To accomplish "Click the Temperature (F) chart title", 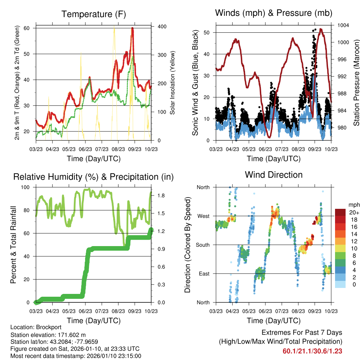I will point(94,14).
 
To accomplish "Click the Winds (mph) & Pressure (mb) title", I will point(274,13).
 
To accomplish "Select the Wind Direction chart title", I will point(274,175).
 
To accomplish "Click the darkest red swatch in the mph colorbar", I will point(341,212).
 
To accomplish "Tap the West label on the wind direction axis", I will point(203,216).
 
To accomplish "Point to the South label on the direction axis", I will point(202,245).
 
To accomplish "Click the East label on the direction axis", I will point(204,274).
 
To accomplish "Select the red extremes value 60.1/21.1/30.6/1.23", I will point(312,351).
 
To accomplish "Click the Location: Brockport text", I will point(31,327).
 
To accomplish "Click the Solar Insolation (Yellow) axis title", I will point(172,83).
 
